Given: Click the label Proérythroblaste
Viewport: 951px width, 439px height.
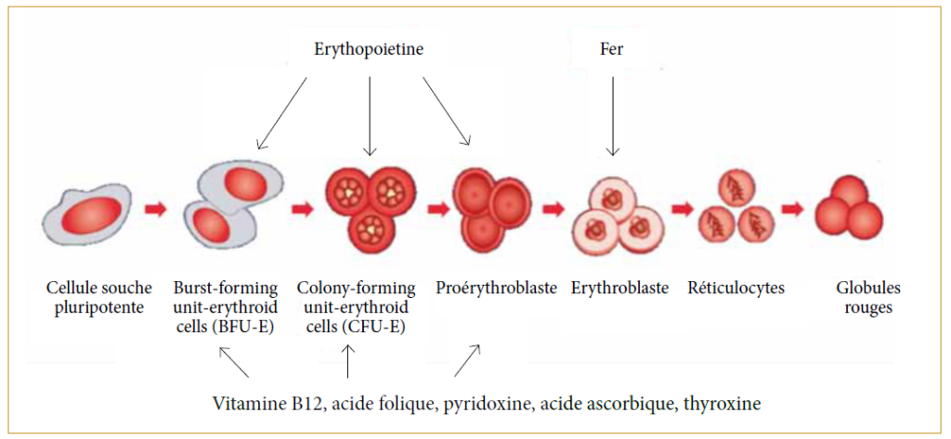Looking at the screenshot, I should pos(496,288).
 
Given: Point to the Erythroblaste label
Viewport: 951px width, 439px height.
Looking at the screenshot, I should pos(619,288).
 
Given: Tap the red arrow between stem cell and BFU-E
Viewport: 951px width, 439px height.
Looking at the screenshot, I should pos(154,210).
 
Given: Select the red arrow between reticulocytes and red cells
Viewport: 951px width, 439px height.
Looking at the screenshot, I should pos(792,208).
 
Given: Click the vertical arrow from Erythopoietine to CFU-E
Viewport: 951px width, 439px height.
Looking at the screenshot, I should pos(370,115).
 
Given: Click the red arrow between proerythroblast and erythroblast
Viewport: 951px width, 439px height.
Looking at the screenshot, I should pos(554,208).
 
